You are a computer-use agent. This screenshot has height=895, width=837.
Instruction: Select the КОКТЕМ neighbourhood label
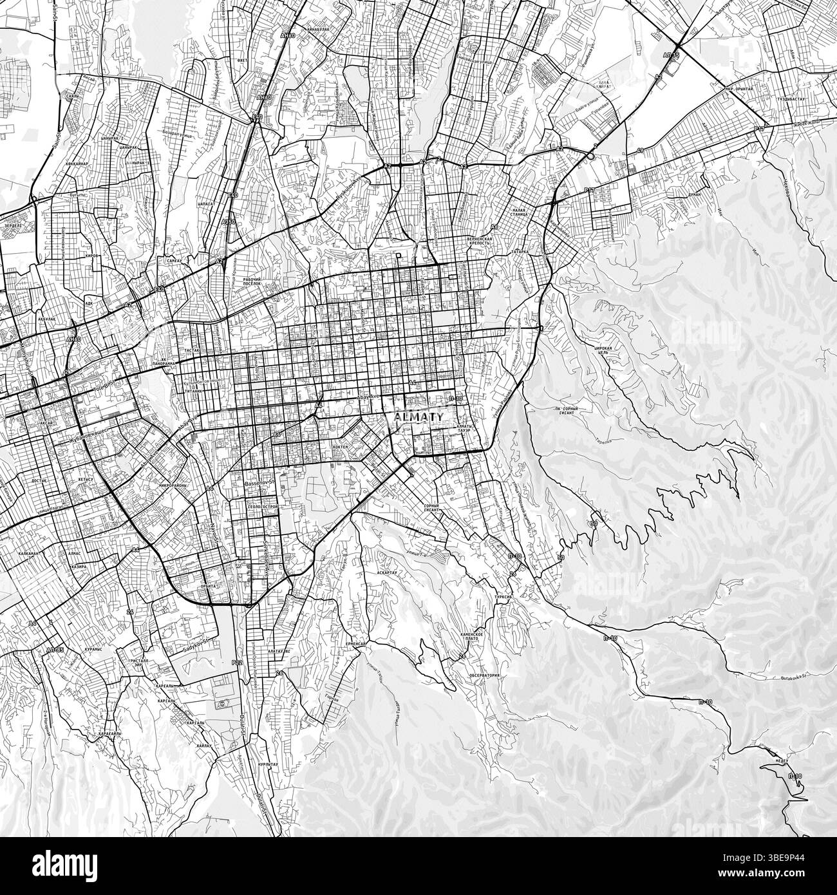[341, 446]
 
